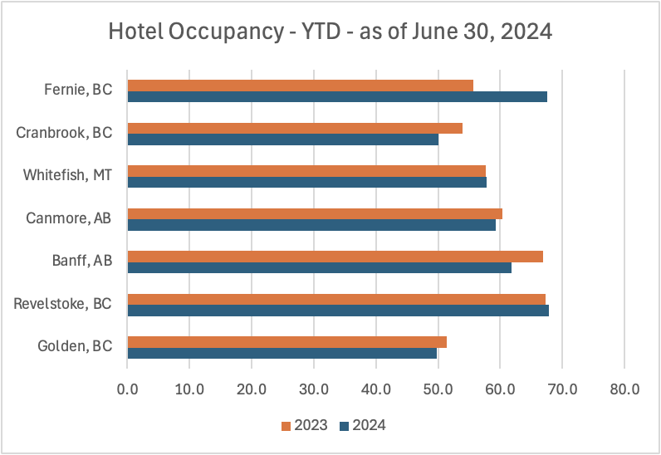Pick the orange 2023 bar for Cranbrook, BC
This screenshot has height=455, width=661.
[295, 128]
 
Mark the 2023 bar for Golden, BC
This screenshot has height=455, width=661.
[286, 342]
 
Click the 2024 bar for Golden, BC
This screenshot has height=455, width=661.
[282, 353]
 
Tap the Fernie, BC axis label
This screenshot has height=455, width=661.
[79, 89]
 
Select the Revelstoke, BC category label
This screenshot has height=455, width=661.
[63, 303]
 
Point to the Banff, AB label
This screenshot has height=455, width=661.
[81, 260]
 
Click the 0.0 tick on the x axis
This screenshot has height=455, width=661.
[127, 388]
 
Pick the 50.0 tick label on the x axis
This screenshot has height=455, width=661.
[438, 388]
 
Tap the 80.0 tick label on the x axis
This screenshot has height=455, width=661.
[624, 388]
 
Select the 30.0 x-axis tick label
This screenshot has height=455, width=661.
[313, 388]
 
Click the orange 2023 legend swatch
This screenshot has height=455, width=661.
[286, 426]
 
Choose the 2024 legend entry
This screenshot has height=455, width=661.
[362, 426]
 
